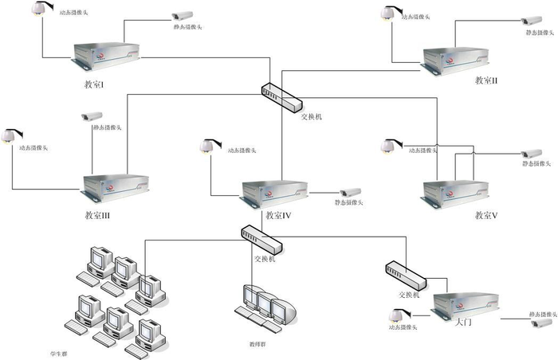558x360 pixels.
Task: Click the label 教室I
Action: tap(95, 84)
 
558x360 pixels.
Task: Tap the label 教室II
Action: tap(485, 80)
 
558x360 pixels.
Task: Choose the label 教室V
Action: tap(486, 215)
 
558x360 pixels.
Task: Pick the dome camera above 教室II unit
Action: tap(388, 14)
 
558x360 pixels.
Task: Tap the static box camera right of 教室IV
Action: tap(349, 193)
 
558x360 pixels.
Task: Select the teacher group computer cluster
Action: tap(263, 305)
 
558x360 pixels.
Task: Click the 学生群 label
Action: tap(58, 351)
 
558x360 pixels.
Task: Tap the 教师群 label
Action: tap(257, 344)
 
